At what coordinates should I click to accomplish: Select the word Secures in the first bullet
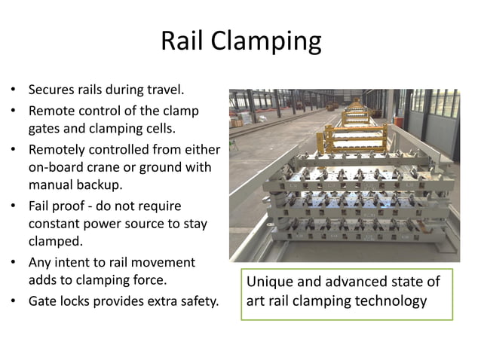pos(51,91)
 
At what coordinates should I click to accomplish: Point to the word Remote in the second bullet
pos(51,111)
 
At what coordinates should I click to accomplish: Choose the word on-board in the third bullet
pos(56,166)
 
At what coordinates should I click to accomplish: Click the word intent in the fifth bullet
pos(71,263)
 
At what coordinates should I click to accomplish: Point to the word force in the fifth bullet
pos(149,282)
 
